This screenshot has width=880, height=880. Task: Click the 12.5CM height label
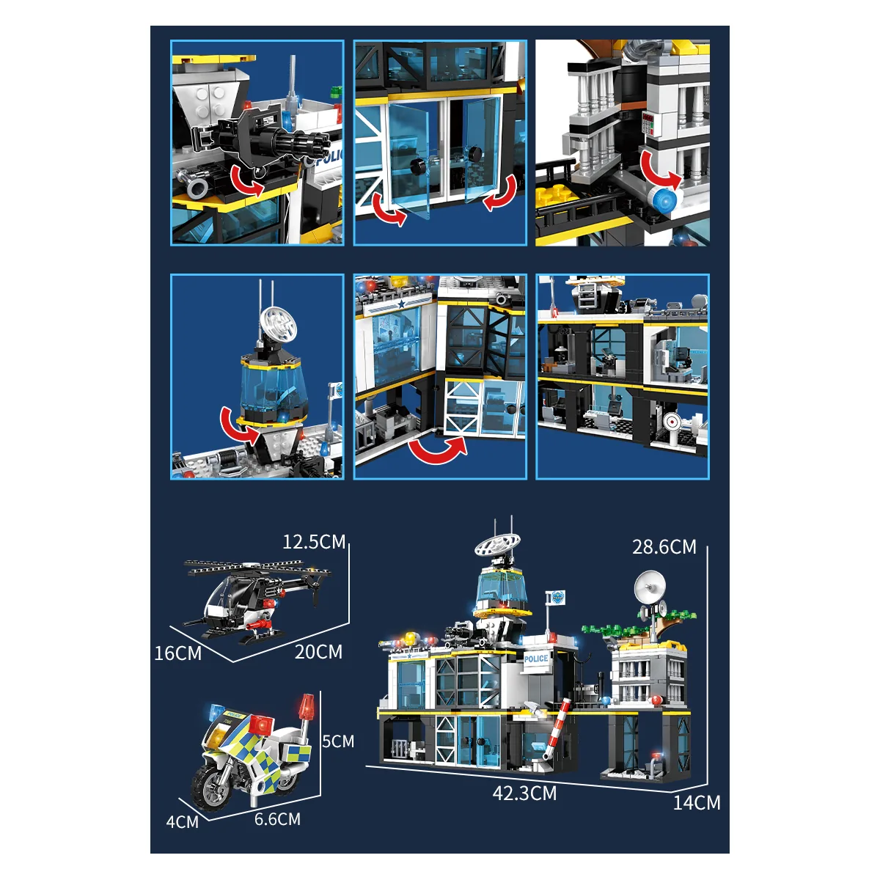click(314, 542)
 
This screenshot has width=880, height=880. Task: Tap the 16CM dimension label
click(178, 653)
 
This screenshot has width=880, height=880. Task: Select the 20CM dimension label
click(318, 652)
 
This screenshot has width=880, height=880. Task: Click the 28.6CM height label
click(664, 547)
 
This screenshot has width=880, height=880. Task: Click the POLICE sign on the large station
click(536, 659)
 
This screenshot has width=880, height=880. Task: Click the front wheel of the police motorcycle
click(210, 788)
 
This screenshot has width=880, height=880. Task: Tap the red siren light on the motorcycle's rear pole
click(307, 707)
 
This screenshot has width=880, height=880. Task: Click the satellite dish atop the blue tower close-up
click(278, 325)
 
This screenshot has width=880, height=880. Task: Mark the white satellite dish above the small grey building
click(650, 587)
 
